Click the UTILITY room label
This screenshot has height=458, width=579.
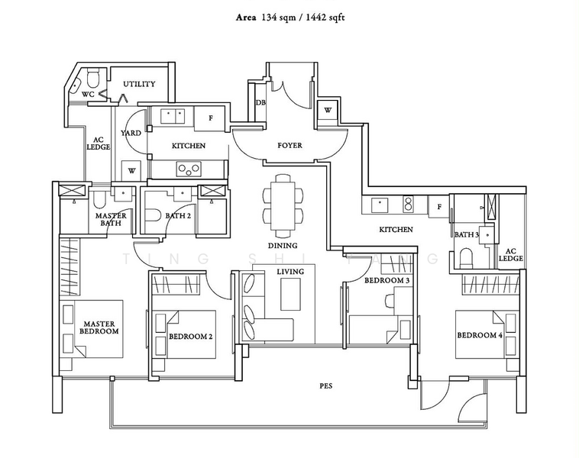[x=139, y=84]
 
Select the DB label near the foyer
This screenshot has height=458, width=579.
[x=260, y=102]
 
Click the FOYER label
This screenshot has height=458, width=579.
[x=289, y=145]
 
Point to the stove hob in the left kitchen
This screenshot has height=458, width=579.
[x=189, y=169]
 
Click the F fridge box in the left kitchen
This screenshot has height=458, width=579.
[x=210, y=118]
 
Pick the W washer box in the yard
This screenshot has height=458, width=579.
[x=131, y=170]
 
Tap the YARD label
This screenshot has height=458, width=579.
[x=131, y=133]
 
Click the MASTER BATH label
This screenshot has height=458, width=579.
[x=111, y=219]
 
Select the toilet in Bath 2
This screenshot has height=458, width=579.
[x=152, y=215]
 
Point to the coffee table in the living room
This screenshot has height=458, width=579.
[x=290, y=295]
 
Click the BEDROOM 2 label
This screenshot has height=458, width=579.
[x=190, y=337]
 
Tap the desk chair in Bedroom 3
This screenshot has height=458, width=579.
[x=390, y=300]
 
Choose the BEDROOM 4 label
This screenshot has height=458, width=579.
[x=480, y=335]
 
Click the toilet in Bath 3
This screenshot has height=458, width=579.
[x=466, y=258]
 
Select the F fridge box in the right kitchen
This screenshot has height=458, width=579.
[x=439, y=207]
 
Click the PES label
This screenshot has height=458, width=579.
[x=325, y=386]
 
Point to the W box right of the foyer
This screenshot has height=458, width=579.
[x=327, y=110]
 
